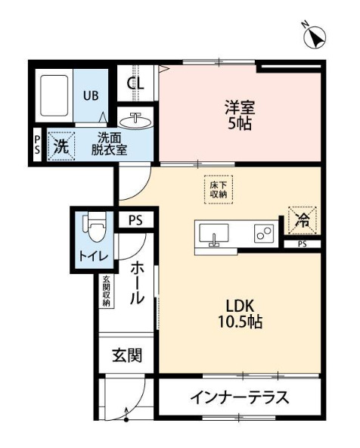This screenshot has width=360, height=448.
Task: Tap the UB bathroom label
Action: coord(89,96)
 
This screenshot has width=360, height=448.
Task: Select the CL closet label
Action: coord(135,83)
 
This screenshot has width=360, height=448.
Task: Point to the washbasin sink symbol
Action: coord(137,120)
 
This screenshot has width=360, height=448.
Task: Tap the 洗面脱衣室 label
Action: coord(109,144)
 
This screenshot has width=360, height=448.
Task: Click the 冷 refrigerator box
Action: coord(302,220)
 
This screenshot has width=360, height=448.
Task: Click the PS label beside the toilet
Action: coord(135,220)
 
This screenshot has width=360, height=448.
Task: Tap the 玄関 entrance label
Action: coord(127,355)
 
